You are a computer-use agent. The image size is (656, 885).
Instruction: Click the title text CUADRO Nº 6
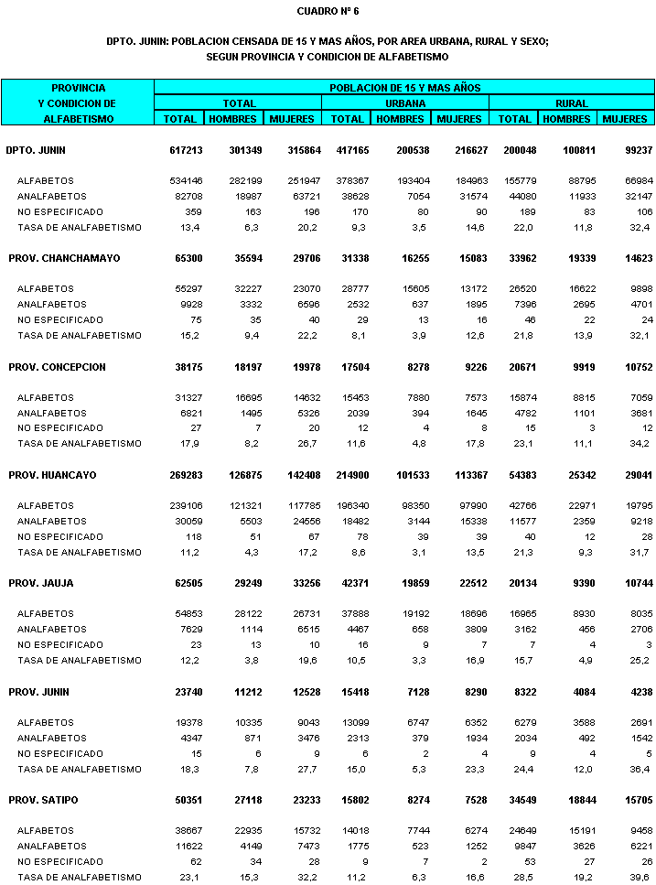tap(328, 11)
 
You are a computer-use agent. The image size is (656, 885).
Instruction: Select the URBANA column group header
tap(404, 103)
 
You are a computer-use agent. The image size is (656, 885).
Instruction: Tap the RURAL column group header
tap(572, 103)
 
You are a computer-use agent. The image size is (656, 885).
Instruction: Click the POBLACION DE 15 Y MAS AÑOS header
tap(404, 88)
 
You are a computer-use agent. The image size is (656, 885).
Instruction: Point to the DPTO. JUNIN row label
tap(36, 150)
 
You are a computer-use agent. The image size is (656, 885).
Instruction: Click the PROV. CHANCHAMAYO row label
tap(64, 259)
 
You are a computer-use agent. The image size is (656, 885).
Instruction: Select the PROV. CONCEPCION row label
tap(58, 367)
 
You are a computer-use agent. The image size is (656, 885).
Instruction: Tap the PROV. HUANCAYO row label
tap(52, 476)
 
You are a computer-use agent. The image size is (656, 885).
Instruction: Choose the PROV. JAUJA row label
tap(41, 584)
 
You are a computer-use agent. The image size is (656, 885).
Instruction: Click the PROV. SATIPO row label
tap(44, 801)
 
